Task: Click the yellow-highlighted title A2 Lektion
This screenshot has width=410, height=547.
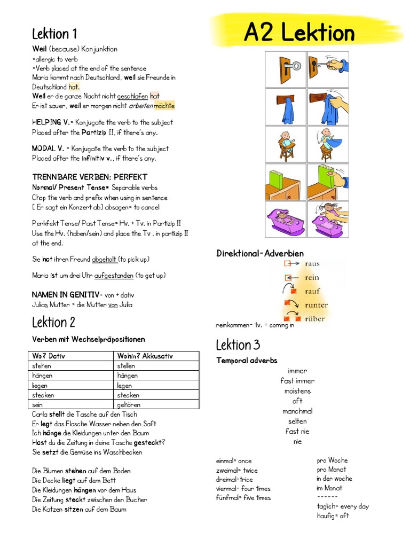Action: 299,33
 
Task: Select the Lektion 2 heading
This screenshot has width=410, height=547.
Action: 53,322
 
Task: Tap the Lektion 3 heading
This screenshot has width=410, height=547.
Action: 238,345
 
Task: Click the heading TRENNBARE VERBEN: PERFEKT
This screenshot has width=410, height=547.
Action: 90,177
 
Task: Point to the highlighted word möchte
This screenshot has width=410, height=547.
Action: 164,106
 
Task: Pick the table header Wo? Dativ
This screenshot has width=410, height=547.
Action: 49,356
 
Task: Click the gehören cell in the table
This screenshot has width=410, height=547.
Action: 128,405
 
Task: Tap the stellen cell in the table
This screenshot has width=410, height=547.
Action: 126,366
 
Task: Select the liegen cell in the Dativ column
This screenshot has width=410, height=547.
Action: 41,385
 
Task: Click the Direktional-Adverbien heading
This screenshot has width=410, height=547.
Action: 260,253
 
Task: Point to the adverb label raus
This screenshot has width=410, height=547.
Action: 312,264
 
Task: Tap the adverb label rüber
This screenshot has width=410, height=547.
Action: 316,319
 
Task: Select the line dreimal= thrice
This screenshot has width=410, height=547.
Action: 235,480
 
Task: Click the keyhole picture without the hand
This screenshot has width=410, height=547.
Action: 286,69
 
